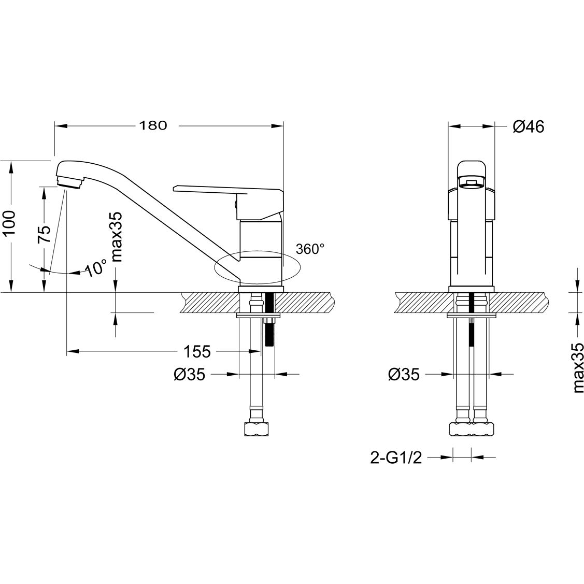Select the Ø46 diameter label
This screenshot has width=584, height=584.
click(529, 126)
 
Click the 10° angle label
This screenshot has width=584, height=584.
click(96, 269)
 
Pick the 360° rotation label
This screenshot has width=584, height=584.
click(310, 249)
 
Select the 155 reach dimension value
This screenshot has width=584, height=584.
click(197, 352)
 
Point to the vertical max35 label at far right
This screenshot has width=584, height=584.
click(579, 369)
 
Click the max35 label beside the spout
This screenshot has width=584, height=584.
click(116, 237)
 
